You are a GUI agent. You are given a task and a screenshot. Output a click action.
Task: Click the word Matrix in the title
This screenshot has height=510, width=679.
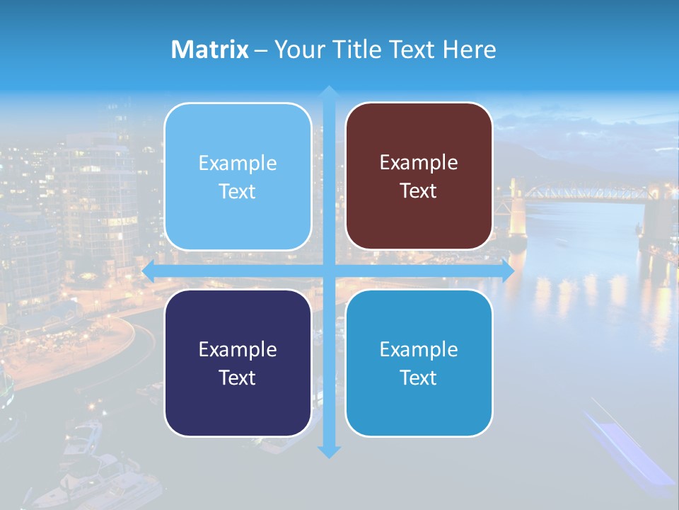[210, 50]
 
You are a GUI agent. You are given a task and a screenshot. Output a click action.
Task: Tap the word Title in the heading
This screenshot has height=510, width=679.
[361, 50]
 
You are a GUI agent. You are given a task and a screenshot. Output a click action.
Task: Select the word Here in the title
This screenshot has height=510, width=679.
[469, 50]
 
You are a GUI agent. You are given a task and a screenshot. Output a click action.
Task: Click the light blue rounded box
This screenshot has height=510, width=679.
[238, 177]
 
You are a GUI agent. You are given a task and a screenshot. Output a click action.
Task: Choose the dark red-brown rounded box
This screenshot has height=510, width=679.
[419, 176]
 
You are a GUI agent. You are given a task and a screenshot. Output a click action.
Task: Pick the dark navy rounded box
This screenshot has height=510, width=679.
[238, 363]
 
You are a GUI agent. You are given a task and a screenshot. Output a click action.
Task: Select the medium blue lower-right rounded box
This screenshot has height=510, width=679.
[419, 363]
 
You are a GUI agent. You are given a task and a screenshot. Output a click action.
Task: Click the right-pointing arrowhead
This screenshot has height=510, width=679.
[508, 271]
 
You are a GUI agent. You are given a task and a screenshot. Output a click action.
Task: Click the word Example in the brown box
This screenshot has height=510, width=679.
[419, 163]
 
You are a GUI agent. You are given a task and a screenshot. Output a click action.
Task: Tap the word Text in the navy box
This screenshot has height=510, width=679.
[238, 378]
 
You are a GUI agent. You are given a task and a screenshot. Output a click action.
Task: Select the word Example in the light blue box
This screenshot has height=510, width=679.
[238, 164]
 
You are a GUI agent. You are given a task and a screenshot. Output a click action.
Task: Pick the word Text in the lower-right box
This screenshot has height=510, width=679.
[419, 378]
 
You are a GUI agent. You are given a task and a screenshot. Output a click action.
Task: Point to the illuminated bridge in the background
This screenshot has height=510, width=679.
[587, 193]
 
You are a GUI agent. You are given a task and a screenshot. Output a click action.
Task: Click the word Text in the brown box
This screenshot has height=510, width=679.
[419, 191]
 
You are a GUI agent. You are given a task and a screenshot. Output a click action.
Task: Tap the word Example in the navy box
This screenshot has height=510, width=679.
[238, 349]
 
